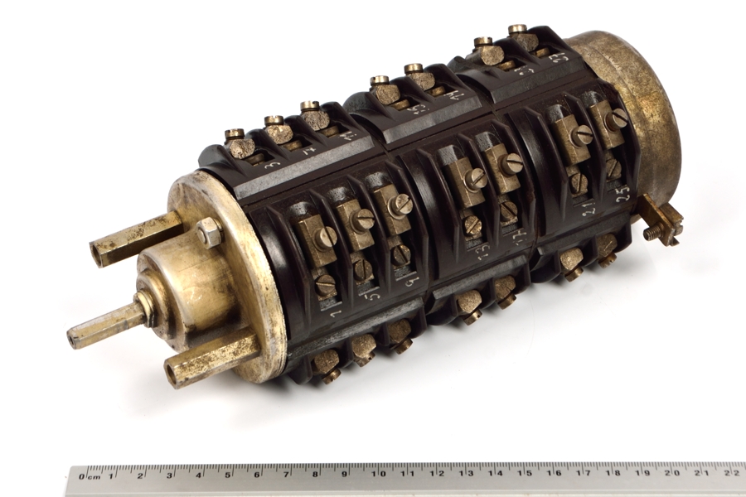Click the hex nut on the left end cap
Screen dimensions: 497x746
point(209,234)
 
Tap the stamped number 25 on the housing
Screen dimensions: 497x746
point(623,192)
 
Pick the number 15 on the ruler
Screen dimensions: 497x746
point(523,474)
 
